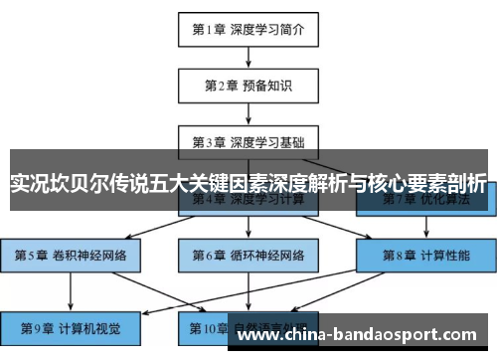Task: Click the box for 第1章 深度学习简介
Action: (x=248, y=30)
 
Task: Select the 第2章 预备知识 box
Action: (x=248, y=86)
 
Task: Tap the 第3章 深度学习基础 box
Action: (x=248, y=141)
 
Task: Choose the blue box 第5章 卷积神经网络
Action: (x=72, y=254)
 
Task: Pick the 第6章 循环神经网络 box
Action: (x=248, y=254)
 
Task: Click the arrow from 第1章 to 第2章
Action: (x=248, y=58)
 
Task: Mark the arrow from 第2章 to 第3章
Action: (x=248, y=113)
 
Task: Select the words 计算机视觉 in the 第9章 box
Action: (x=96, y=326)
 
